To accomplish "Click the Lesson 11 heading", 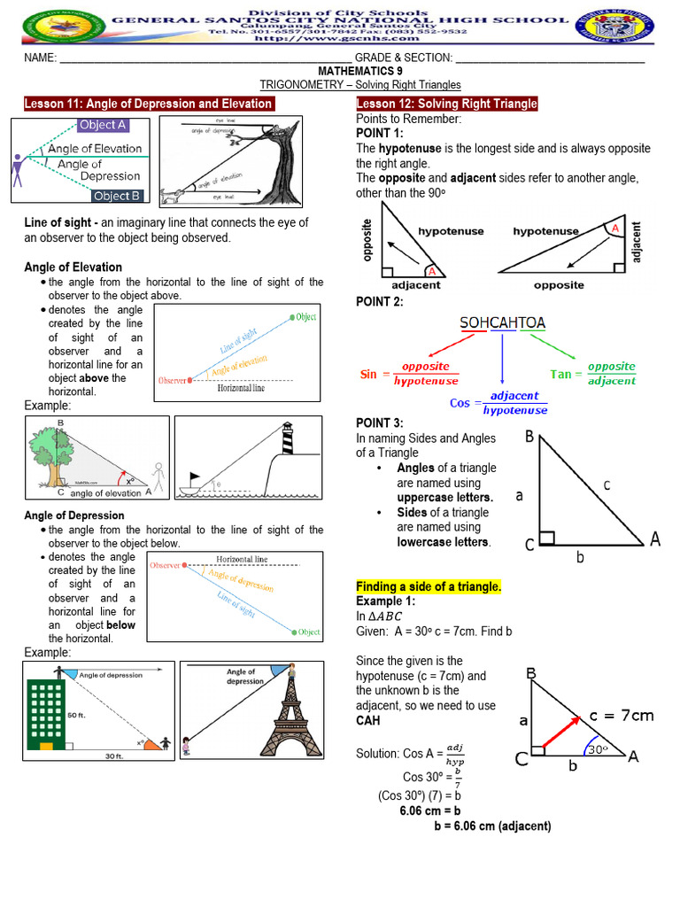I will pyautogui.click(x=149, y=104).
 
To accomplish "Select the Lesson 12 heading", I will pyautogui.click(x=446, y=104).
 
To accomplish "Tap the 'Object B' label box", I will pyautogui.click(x=116, y=196).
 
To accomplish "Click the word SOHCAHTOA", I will pyautogui.click(x=502, y=323).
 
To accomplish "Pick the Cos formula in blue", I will pyautogui.click(x=498, y=404).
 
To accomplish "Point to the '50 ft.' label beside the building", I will pyautogui.click(x=79, y=714).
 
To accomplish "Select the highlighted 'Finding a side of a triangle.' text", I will pyautogui.click(x=429, y=586).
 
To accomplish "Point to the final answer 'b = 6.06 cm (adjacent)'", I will pyautogui.click(x=492, y=826).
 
